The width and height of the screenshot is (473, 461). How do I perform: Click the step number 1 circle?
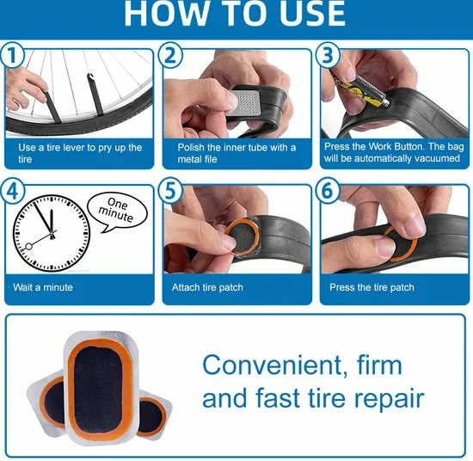coord(12,55)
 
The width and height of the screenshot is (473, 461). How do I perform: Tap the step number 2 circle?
coord(170,55)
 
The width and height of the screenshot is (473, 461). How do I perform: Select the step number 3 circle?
coord(328,55)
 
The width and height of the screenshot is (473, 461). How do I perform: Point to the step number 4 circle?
coord(12,191)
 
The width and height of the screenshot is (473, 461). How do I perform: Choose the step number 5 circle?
coord(170,191)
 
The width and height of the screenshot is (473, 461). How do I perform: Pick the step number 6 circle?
coord(328,191)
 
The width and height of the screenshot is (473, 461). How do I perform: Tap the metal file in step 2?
coord(246,101)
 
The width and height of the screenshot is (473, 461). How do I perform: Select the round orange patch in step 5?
coord(243,237)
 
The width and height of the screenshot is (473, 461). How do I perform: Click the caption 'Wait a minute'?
coord(43,287)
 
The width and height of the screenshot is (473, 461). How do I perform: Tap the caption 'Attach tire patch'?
coord(207,287)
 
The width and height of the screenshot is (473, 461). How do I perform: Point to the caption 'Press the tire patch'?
coord(372,287)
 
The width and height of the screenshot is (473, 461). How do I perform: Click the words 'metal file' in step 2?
coord(197,159)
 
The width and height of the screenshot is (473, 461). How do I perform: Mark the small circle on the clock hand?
coord(28,247)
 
